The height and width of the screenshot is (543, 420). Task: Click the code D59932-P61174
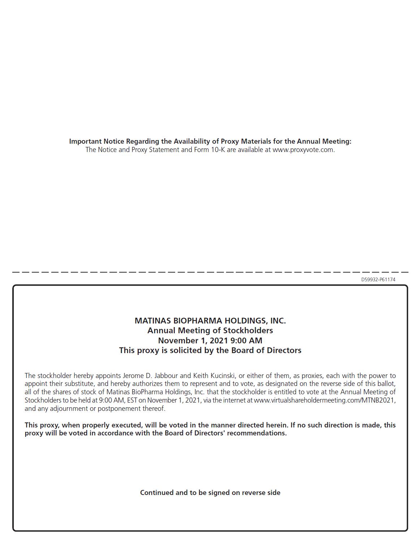pos(378,279)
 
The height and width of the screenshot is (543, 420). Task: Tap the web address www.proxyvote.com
pos(303,150)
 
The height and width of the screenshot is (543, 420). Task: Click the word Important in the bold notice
pos(85,141)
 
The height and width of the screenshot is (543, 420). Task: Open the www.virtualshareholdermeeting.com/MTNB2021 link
pos(325,400)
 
